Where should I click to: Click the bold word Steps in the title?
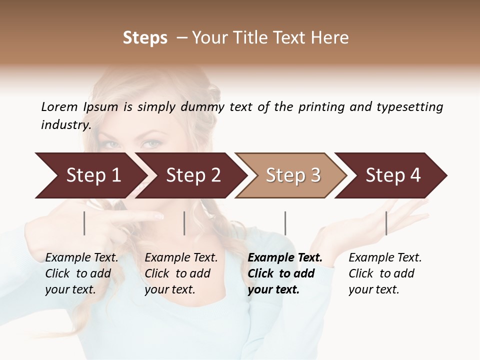(x=145, y=38)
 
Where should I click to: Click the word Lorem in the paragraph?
(x=59, y=106)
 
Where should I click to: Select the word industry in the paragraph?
(x=66, y=124)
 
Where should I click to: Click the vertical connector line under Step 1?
(x=84, y=223)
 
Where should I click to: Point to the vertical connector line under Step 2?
(x=184, y=223)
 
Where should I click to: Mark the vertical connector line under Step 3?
(x=285, y=223)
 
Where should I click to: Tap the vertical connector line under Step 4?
(x=386, y=223)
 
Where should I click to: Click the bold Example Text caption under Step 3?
(x=285, y=273)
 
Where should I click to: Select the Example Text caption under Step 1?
(x=81, y=273)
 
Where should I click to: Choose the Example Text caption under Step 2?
(x=181, y=273)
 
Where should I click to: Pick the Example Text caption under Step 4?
(x=385, y=273)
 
